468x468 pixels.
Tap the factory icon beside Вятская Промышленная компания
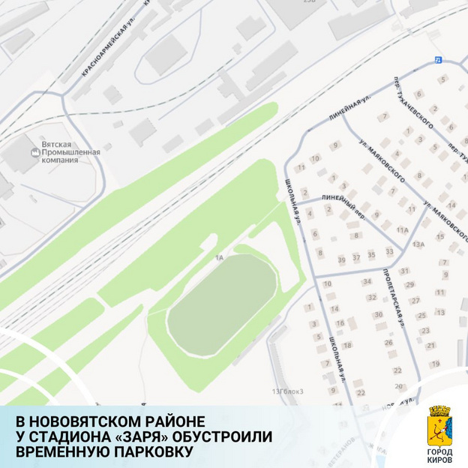[33, 153]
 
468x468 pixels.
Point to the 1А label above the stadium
[219, 258]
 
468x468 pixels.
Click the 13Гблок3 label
[292, 391]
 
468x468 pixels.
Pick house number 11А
[403, 229]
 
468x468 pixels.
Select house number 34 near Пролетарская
[367, 282]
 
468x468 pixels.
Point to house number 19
[435, 364]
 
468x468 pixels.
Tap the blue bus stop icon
[437, 59]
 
